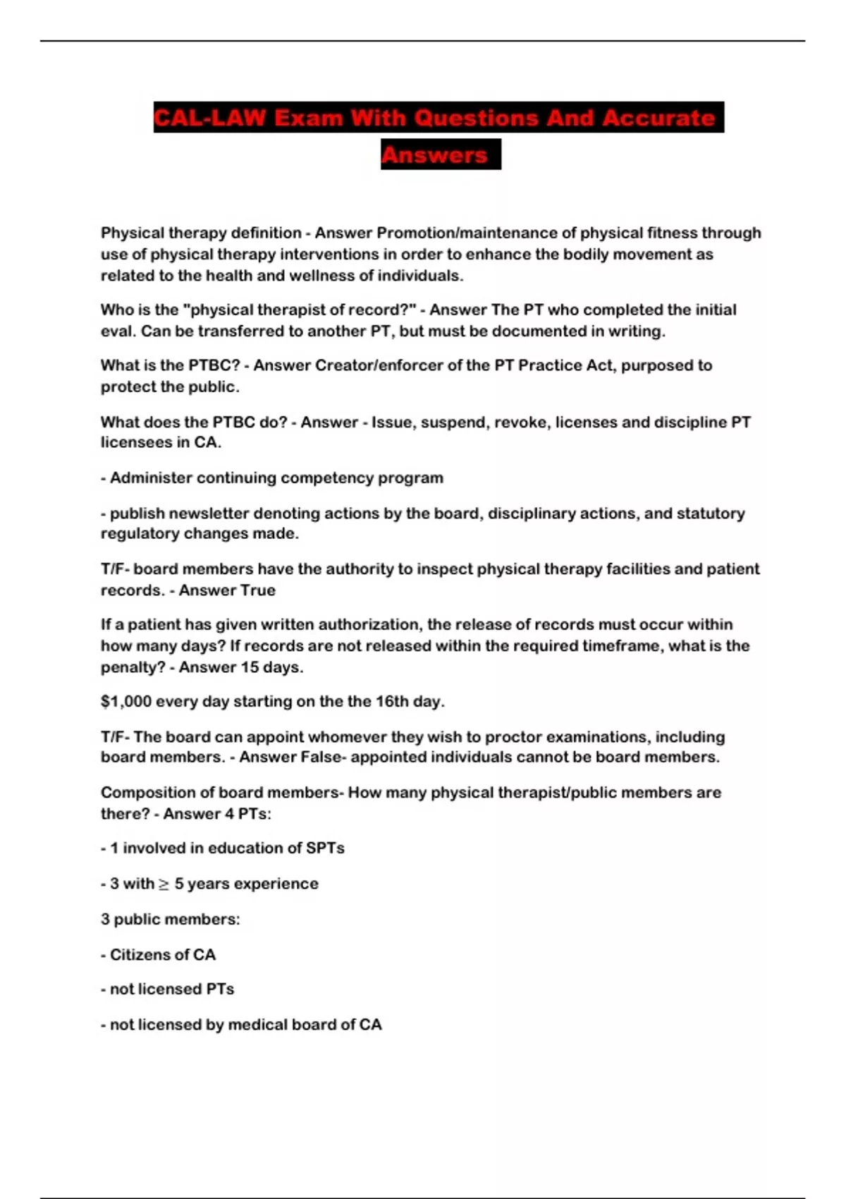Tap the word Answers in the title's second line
pos(434,154)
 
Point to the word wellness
pos(324,276)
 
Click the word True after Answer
pos(257,590)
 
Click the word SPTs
pos(325,848)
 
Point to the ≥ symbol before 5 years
pos(164,884)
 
